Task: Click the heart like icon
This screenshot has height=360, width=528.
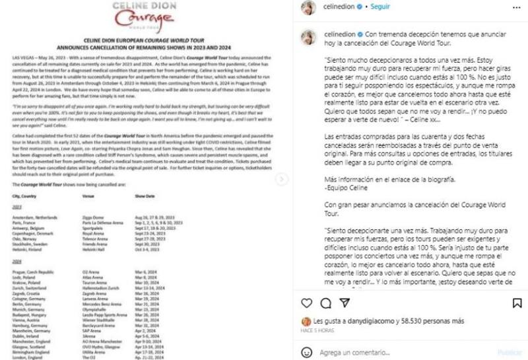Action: pyautogui.click(x=306, y=303)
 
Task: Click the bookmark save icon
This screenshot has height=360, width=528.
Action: pyautogui.click(x=516, y=303)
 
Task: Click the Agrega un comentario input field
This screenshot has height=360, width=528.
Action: pyautogui.click(x=396, y=353)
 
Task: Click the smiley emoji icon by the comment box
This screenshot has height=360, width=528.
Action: pyautogui.click(x=307, y=353)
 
